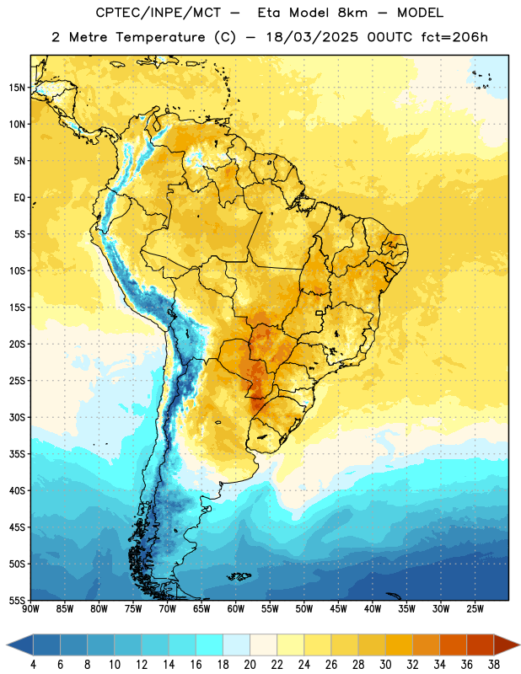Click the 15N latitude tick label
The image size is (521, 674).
pos(17,88)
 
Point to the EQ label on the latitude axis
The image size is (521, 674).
pos(19,198)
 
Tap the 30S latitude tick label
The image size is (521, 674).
pos(17,417)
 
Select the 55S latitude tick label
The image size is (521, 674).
pos(17,601)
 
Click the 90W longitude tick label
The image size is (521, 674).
pos(30,609)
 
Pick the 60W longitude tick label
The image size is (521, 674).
pos(236,609)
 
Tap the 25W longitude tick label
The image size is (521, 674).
pos(475,609)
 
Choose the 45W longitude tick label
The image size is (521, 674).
pos(338,609)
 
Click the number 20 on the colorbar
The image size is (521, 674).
pos(250,665)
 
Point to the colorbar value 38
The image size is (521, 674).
pos(494,665)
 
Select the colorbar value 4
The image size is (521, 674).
pos(33,665)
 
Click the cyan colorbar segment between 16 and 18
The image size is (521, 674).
pos(210,645)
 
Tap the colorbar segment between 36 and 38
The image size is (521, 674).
pos(481,645)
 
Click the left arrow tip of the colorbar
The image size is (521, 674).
pos(7,645)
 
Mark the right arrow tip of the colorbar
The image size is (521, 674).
pos(519,645)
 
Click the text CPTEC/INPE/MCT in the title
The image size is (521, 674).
pos(158,13)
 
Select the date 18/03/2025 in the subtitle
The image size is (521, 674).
pos(312,37)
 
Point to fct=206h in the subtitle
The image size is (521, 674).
pos(454,37)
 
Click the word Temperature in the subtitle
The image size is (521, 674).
pos(160,37)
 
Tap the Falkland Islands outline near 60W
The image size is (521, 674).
pos(239,576)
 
